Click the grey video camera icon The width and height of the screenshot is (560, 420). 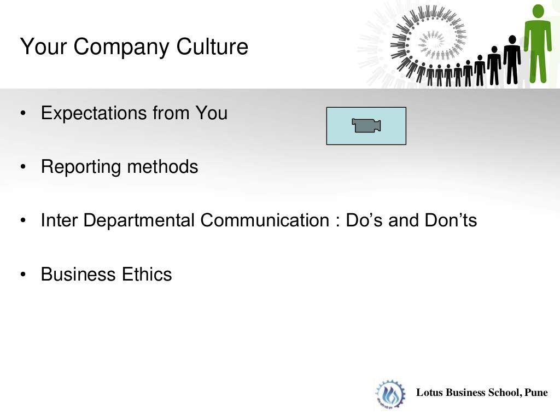366,126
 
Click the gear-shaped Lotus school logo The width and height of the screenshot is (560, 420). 390,394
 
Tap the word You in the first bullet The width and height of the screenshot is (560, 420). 211,114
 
